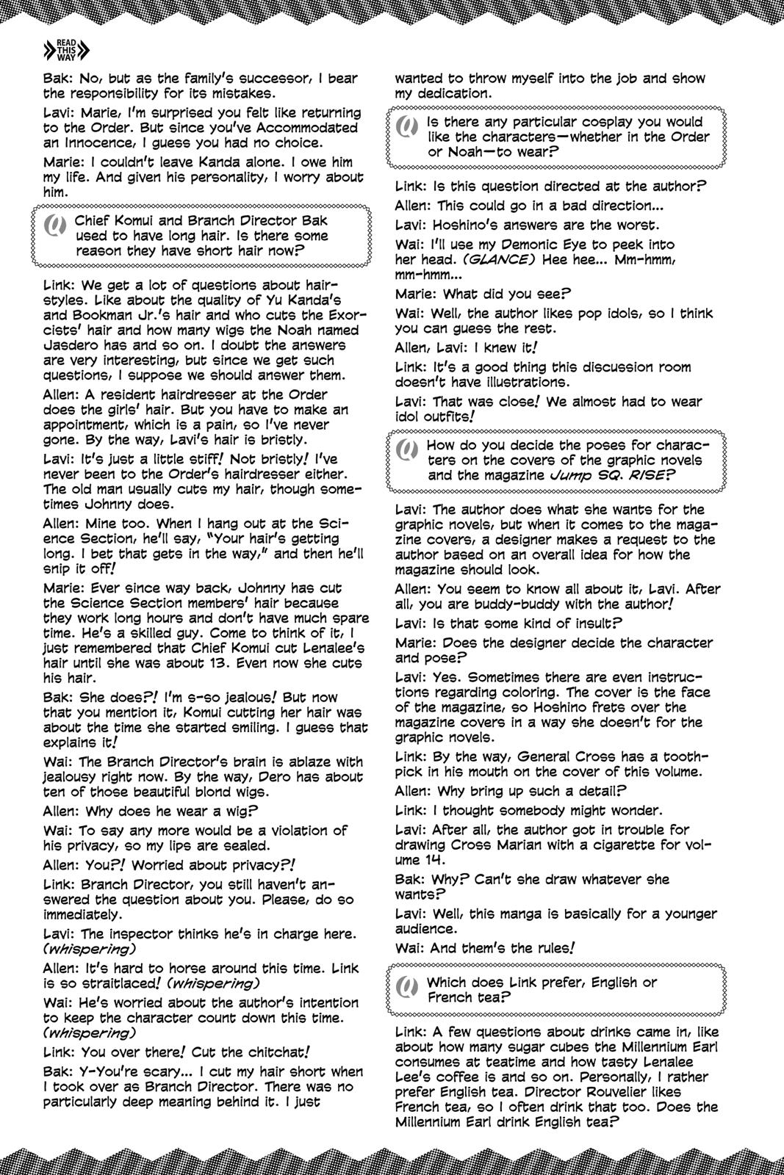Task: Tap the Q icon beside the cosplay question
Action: click(406, 130)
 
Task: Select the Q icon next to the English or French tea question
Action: click(406, 990)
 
